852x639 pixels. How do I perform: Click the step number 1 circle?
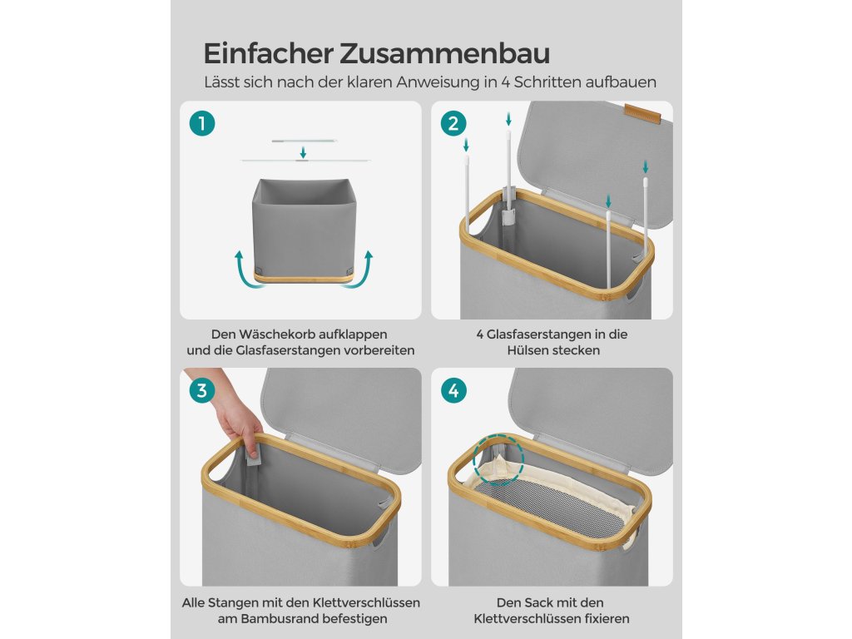[x=202, y=124]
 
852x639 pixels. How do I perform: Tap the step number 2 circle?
[x=453, y=124]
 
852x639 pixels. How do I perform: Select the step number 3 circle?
[x=202, y=391]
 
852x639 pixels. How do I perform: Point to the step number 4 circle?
[x=453, y=391]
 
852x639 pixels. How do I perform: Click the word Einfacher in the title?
[x=269, y=53]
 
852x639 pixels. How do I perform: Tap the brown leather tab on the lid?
[x=643, y=114]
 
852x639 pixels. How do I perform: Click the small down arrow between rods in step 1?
[x=303, y=151]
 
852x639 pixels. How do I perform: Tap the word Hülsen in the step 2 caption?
[x=525, y=350]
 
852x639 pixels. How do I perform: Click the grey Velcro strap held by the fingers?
[x=253, y=453]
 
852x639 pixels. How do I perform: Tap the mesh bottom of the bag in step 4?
[x=549, y=508]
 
